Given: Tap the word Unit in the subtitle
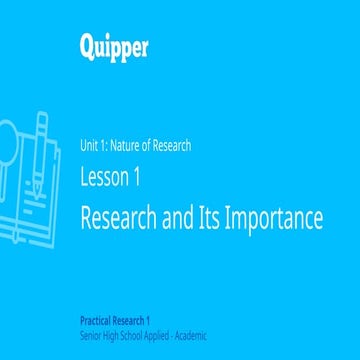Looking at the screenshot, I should click(x=87, y=146).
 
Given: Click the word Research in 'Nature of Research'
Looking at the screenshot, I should click(x=169, y=146).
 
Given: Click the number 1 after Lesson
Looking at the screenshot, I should click(x=136, y=177).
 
